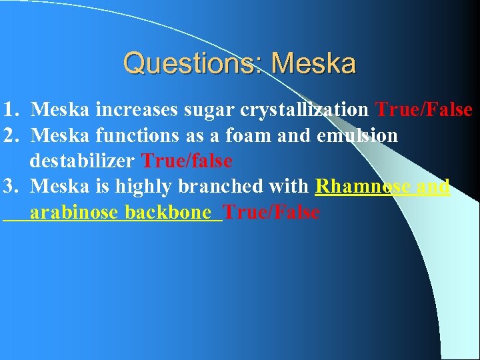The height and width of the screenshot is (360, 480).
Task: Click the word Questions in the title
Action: [191, 64]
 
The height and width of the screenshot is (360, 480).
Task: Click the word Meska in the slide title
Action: [314, 64]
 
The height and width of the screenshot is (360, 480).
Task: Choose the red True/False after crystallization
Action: [424, 109]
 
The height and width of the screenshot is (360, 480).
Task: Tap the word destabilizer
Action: [83, 161]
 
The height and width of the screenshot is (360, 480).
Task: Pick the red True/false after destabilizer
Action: [187, 161]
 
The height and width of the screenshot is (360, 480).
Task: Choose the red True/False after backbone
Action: [271, 213]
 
